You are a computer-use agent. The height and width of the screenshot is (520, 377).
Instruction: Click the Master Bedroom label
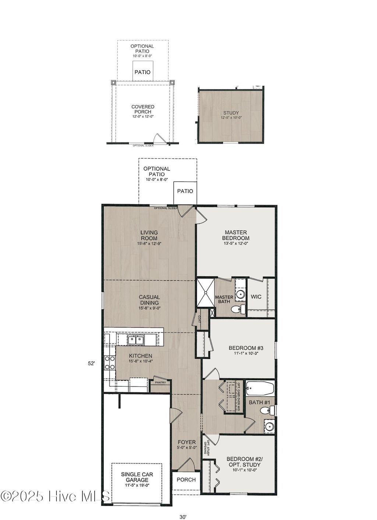236,235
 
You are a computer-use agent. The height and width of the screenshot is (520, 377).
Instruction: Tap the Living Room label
149,235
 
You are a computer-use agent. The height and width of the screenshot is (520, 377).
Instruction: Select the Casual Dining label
149,300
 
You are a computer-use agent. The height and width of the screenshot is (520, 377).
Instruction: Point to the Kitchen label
140,356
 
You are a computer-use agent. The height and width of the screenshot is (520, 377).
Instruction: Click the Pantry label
160,383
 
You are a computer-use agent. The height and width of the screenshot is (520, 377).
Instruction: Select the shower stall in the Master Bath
205,292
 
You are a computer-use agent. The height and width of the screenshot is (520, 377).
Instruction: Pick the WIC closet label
256,296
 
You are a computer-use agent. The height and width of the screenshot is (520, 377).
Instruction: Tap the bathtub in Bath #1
260,388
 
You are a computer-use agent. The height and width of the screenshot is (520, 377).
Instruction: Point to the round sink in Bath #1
269,426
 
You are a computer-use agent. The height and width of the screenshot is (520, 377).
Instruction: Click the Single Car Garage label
137,477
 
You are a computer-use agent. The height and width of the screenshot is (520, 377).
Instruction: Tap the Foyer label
187,442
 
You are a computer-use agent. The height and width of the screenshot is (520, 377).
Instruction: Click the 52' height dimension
91,363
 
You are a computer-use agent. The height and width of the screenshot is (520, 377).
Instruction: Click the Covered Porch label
143,109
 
